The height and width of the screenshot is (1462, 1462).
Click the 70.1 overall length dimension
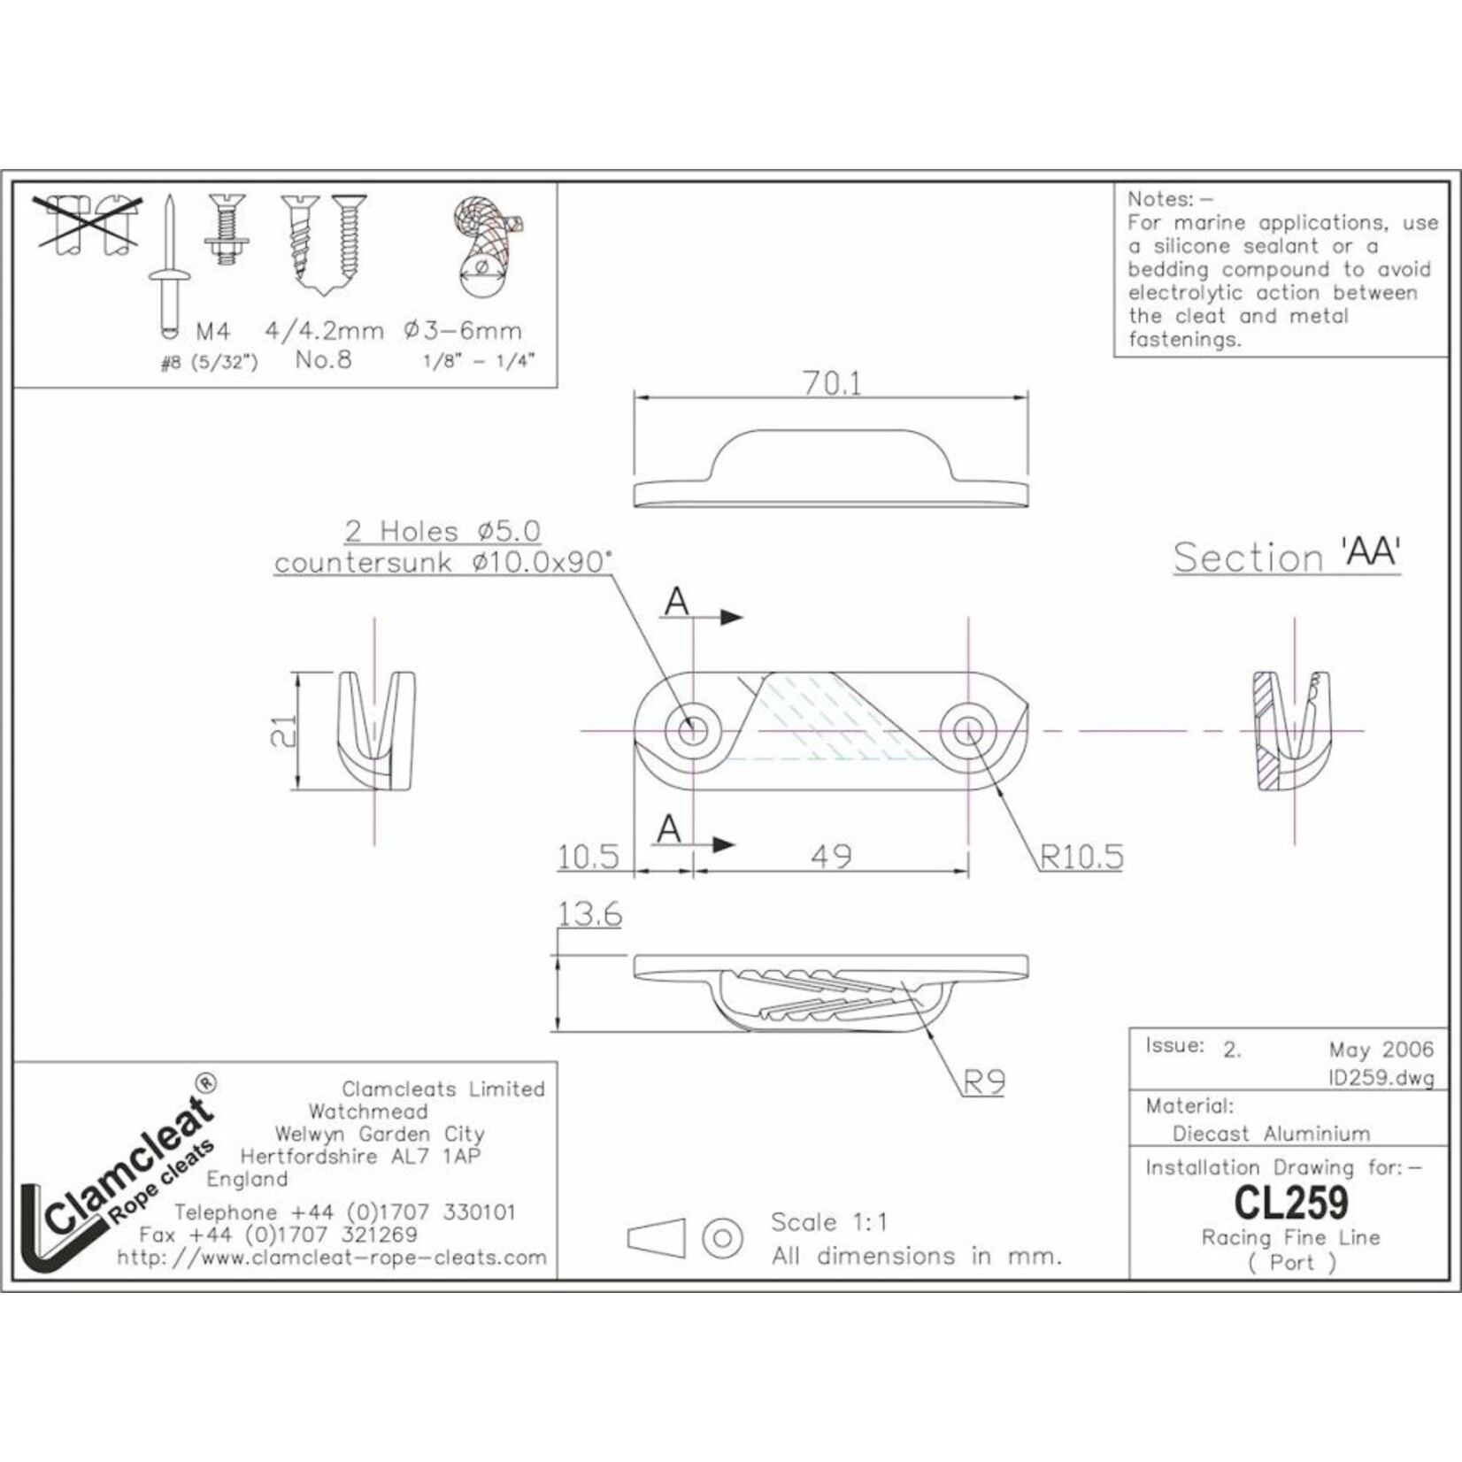tap(831, 382)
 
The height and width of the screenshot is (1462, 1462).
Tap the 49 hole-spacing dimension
tap(831, 856)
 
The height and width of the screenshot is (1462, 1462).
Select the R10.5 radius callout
tap(1081, 856)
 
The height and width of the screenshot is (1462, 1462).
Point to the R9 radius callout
tap(984, 1081)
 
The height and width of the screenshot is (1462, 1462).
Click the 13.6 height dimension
tap(589, 913)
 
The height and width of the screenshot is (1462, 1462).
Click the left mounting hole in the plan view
tap(692, 731)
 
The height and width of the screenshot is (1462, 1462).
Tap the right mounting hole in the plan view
tap(968, 731)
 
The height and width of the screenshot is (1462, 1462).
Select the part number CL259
tap(1291, 1202)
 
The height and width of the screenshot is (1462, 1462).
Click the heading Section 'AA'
tap(1287, 556)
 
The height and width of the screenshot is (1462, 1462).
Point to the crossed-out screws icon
tap(86, 225)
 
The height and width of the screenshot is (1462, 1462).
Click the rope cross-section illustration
tap(484, 246)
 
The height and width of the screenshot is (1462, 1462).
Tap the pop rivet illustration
tap(169, 269)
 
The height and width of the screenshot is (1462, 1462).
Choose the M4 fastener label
tap(212, 332)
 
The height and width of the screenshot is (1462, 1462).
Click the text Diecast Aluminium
tap(1271, 1134)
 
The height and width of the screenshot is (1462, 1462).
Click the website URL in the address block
tap(331, 1258)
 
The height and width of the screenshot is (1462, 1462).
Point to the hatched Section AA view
tap(1291, 731)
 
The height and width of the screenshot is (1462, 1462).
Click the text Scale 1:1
tap(828, 1222)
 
